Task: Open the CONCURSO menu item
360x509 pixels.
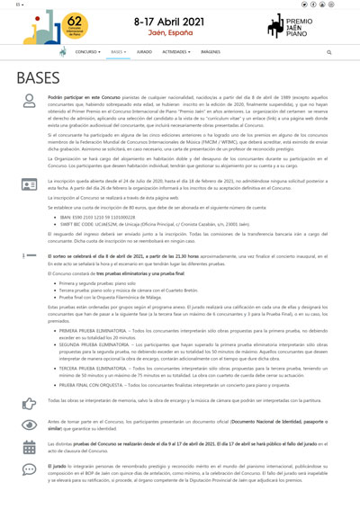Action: click(89, 52)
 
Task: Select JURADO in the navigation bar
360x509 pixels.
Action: click(144, 52)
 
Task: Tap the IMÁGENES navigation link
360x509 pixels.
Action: click(211, 52)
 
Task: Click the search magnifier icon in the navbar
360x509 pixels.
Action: click(328, 52)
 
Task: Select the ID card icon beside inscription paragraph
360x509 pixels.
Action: click(30, 183)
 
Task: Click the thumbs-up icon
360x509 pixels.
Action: click(30, 403)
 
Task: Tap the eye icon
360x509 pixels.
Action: click(30, 424)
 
